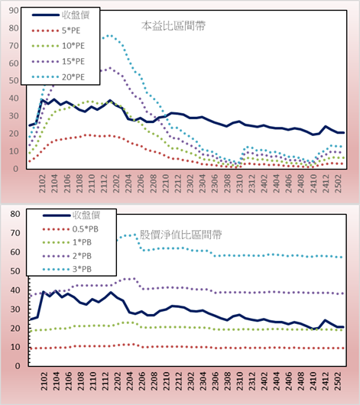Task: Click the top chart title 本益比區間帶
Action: coord(174,26)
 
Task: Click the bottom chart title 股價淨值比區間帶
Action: coord(180,235)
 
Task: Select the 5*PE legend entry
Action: coord(56,31)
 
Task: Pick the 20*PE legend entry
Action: coord(58,77)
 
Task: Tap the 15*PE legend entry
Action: coord(58,61)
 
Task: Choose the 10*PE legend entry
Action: coord(58,46)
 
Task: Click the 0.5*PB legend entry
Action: coord(70,229)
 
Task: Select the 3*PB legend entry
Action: coord(67,269)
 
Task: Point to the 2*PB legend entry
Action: coord(67,256)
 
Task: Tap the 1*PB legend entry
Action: coord(67,242)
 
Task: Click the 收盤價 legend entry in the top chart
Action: coord(60,15)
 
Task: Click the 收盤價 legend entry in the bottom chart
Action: coord(71,215)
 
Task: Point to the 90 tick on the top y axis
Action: coord(14,11)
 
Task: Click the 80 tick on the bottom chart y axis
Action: coord(15,214)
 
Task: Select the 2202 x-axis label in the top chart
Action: coord(116,183)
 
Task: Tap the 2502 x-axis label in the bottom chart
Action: coord(338,381)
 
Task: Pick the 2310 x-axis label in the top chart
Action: coord(239,183)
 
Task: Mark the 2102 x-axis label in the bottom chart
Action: coord(44,381)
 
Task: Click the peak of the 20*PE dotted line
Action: coord(109,36)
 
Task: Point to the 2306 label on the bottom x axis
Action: coord(215,381)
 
